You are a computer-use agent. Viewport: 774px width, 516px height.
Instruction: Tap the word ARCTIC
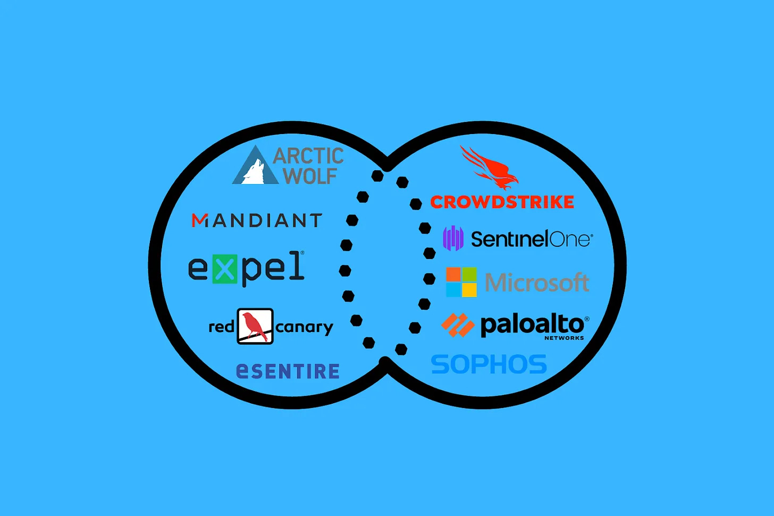[x=308, y=156]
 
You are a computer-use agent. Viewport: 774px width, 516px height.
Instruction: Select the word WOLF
[x=310, y=176]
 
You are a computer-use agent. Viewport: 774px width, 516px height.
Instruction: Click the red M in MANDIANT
[x=199, y=220]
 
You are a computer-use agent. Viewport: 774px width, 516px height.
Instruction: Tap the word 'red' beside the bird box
[x=221, y=327]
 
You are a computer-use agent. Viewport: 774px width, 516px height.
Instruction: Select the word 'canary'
[x=304, y=327]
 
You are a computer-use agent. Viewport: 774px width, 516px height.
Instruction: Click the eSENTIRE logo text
[x=288, y=371]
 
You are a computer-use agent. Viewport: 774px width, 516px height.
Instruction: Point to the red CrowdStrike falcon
[x=490, y=167]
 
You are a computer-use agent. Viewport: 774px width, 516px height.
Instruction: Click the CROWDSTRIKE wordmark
[x=502, y=202]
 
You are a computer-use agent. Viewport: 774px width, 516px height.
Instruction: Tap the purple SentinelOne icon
[x=453, y=238]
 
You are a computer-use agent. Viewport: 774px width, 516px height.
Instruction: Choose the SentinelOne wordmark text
[x=531, y=239]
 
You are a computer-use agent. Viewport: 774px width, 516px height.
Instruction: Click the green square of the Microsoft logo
[x=469, y=274]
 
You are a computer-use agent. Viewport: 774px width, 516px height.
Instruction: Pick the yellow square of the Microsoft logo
[x=469, y=290]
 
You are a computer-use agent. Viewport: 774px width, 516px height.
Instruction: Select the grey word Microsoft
[x=537, y=282]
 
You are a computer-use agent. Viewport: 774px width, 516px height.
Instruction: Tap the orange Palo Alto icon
[x=457, y=324]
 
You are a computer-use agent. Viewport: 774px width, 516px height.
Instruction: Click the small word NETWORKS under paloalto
[x=564, y=338]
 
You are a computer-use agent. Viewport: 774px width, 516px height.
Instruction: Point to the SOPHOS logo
[x=489, y=365]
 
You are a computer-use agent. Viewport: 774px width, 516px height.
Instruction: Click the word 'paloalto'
[x=532, y=324]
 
